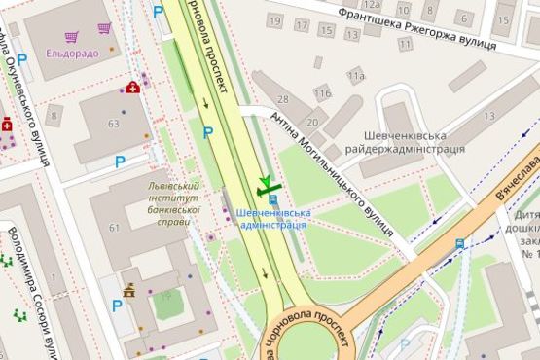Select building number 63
tap(114, 124)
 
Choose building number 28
tap(284, 100)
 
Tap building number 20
tap(312, 123)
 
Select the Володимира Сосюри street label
tap(26, 288)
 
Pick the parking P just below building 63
tap(121, 162)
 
